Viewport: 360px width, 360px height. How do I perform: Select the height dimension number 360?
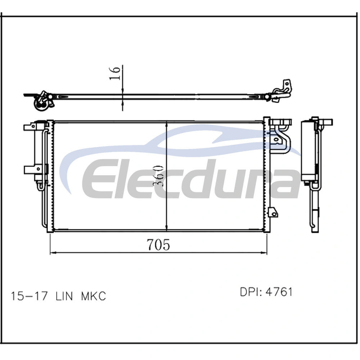pyautogui.click(x=159, y=176)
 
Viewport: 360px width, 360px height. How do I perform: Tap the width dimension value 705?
pyautogui.click(x=158, y=244)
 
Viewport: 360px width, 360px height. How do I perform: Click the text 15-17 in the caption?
pyautogui.click(x=30, y=296)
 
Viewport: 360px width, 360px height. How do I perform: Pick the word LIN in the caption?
pyautogui.click(x=64, y=296)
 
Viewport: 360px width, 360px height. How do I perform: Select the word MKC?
pyautogui.click(x=94, y=296)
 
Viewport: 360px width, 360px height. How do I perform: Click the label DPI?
pyautogui.click(x=251, y=292)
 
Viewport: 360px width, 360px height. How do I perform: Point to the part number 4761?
pyautogui.click(x=279, y=292)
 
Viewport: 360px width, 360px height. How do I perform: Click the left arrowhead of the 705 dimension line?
pyautogui.click(x=53, y=253)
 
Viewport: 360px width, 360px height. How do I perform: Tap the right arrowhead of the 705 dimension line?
pyautogui.click(x=264, y=253)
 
